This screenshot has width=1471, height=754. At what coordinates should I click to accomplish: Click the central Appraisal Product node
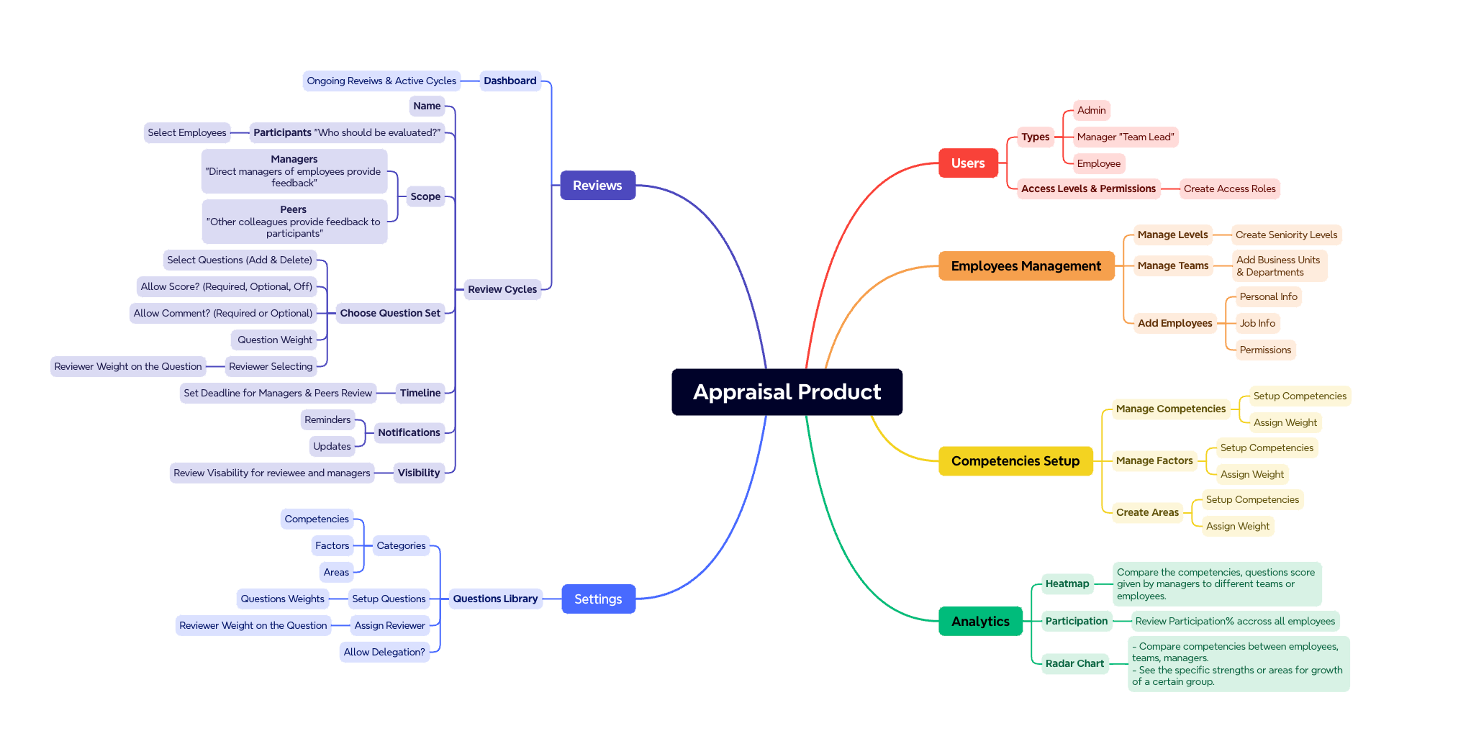coord(787,392)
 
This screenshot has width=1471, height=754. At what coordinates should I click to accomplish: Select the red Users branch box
coord(968,163)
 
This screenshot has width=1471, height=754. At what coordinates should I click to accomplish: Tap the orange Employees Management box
coord(1026,266)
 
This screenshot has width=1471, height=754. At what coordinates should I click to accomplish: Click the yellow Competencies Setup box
coord(1015,461)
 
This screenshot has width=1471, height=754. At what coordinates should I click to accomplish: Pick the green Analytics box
coord(980,622)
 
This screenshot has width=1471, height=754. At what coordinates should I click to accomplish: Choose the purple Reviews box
coord(597,186)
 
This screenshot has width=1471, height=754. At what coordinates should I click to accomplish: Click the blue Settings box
coord(598,599)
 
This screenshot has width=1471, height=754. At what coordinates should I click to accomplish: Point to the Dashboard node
coord(510,81)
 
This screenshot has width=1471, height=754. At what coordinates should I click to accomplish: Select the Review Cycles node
coord(502,289)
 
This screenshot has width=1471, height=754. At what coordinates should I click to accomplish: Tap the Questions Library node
coord(495,599)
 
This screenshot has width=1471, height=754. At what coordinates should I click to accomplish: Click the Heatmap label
coord(1067,584)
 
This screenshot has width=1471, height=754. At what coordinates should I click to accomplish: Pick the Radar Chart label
coord(1074,663)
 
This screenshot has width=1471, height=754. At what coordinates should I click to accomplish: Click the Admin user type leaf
coord(1091,110)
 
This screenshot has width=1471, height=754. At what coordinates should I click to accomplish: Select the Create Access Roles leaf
coord(1229,189)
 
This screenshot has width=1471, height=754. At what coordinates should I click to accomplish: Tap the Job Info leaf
coord(1257,324)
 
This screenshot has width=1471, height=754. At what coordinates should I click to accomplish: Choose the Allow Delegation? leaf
coord(384,653)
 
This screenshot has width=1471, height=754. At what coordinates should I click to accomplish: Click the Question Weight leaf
coord(275,340)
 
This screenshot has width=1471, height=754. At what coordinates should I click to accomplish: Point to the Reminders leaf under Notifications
coord(327,419)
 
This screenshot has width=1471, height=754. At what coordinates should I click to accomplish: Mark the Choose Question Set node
coord(390,313)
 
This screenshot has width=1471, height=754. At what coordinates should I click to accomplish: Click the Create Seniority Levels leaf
coord(1286,235)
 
